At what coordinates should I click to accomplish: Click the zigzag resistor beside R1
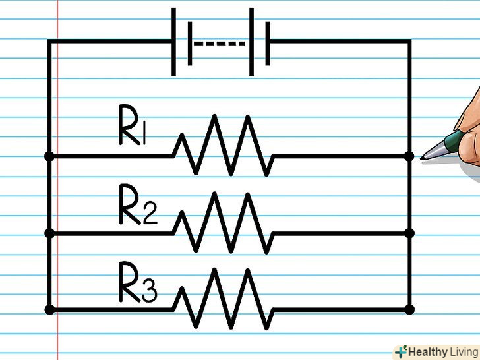click(222, 146)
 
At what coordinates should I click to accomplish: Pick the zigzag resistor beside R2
click(222, 223)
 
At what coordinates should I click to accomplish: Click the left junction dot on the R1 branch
click(49, 156)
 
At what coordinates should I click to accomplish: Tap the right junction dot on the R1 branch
click(409, 156)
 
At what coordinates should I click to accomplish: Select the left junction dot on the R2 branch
click(49, 233)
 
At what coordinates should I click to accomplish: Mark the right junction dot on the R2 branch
click(409, 233)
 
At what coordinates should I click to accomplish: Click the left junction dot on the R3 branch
click(49, 309)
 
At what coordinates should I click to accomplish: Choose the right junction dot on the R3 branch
click(409, 309)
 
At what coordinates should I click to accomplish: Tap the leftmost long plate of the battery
click(174, 42)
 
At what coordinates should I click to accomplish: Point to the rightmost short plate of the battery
click(268, 43)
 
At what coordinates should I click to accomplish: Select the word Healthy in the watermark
click(429, 351)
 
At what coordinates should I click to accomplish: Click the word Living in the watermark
click(464, 351)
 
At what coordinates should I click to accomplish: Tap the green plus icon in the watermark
click(401, 351)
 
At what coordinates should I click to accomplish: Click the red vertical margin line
click(58, 198)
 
